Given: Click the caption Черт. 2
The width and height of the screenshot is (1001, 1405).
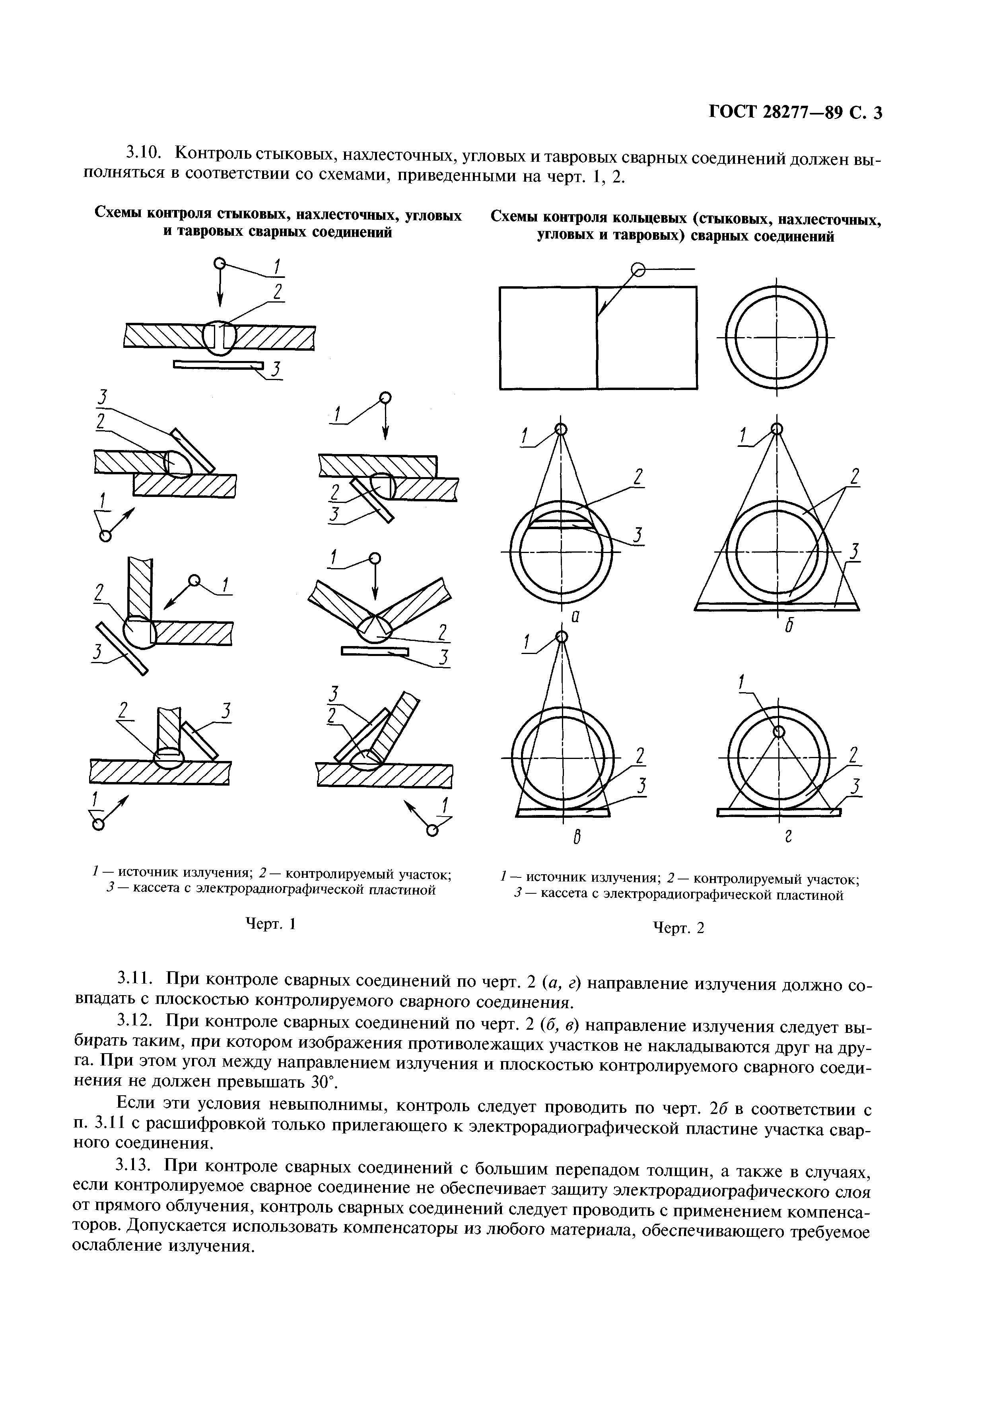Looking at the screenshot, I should coord(678,928).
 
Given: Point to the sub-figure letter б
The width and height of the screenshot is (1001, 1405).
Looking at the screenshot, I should coord(788,625).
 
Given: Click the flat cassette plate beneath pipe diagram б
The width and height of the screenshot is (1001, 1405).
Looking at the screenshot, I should coord(777,607).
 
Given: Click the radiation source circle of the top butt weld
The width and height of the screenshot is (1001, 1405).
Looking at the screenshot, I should coord(218,264).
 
